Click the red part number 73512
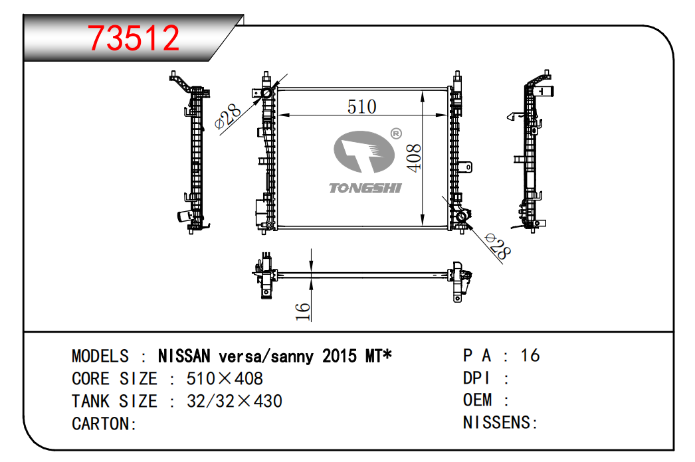click(x=134, y=38)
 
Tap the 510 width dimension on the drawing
click(x=361, y=107)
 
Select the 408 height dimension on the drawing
click(x=414, y=158)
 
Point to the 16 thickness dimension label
click(x=303, y=311)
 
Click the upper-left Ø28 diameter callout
click(x=227, y=117)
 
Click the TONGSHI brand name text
click(x=365, y=189)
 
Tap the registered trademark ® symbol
click(x=396, y=133)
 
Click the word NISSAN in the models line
click(x=184, y=356)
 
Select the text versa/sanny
click(x=266, y=356)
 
